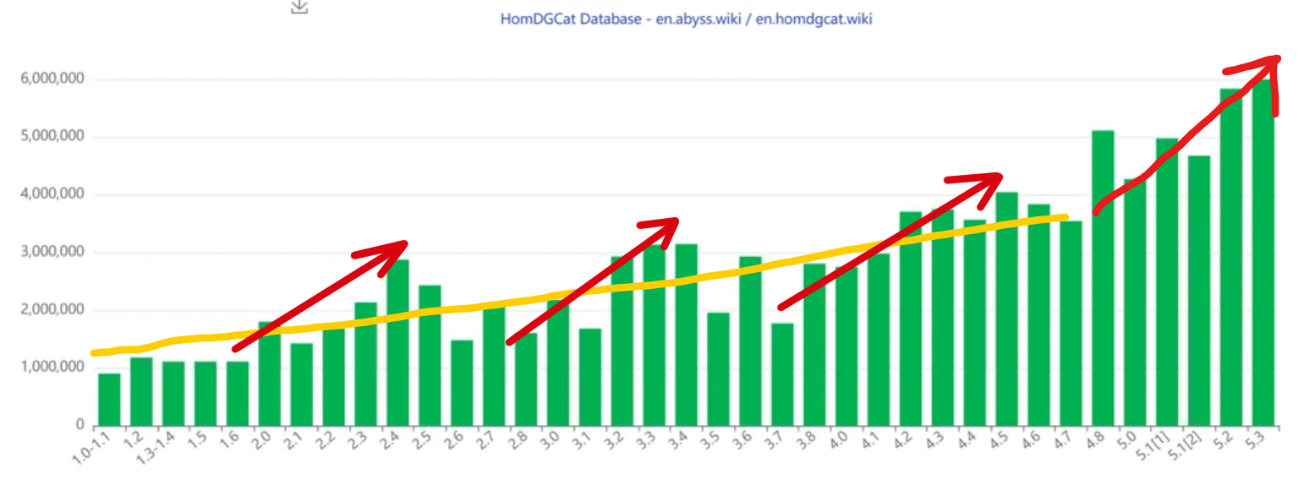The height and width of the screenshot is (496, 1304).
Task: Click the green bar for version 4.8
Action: coord(1102,278)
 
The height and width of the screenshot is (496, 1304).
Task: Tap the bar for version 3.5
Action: coord(718,368)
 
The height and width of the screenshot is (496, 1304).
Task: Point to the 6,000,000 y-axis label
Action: coord(52,79)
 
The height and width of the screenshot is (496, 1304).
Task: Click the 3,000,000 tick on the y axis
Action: coord(52,252)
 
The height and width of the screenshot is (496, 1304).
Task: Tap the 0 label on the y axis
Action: coord(79,425)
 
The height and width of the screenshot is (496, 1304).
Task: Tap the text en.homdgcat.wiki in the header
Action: coord(813,19)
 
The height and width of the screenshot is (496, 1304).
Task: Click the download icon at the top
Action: coord(299,6)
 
